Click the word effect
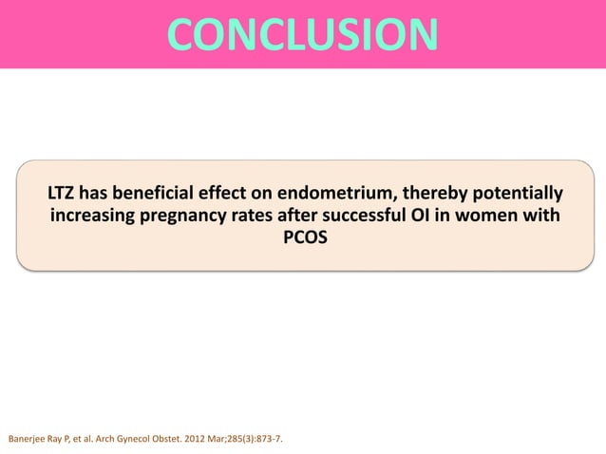click(238, 195)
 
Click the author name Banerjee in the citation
click(28, 440)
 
